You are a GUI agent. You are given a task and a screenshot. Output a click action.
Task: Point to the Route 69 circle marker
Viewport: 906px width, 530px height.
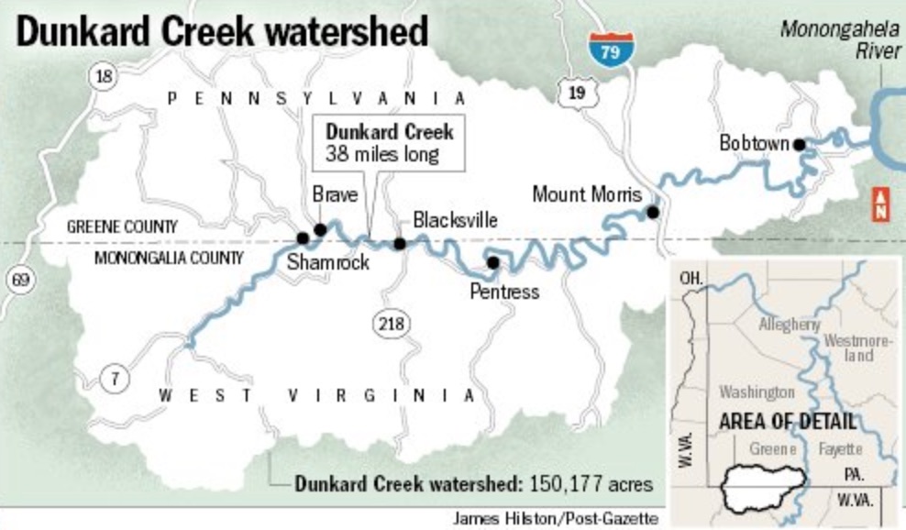pyautogui.click(x=21, y=280)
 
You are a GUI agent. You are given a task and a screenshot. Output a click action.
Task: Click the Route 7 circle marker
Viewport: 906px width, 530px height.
pyautogui.click(x=114, y=377)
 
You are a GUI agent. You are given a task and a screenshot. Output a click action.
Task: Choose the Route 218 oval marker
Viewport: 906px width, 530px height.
pyautogui.click(x=392, y=324)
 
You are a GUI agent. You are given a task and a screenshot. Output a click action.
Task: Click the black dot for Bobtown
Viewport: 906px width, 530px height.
pyautogui.click(x=800, y=144)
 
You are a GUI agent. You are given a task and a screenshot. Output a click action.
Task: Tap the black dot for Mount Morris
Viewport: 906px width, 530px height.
pyautogui.click(x=652, y=212)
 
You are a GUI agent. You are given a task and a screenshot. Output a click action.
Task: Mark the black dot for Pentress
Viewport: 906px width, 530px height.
pyautogui.click(x=492, y=262)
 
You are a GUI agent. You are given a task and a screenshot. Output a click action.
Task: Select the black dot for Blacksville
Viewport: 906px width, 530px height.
pyautogui.click(x=400, y=243)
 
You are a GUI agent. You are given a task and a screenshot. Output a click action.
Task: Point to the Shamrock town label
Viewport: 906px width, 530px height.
pyautogui.click(x=327, y=262)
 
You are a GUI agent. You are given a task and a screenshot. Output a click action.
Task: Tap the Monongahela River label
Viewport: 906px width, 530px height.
pyautogui.click(x=840, y=39)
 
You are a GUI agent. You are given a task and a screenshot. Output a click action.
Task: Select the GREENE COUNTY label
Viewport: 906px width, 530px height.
pyautogui.click(x=122, y=226)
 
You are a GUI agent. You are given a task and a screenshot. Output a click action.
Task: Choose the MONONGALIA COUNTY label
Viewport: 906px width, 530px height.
pyautogui.click(x=169, y=258)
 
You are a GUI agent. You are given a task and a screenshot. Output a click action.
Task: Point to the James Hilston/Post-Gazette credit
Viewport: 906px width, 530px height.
pyautogui.click(x=555, y=519)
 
